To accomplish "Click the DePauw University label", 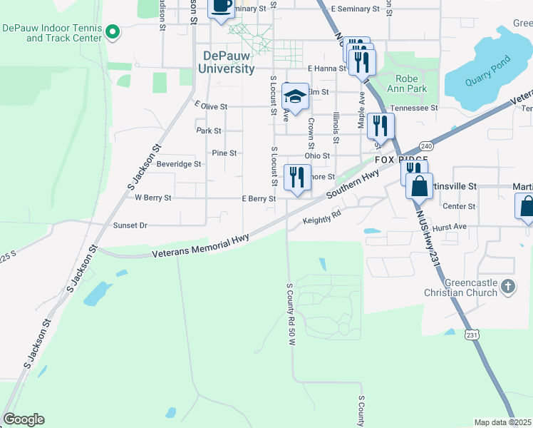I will tap(228, 62).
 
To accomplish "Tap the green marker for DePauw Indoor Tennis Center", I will tap(113, 31).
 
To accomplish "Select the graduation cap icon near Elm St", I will tap(295, 96).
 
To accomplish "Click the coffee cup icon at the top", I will tap(221, 6).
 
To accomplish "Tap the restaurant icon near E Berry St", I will tap(297, 178).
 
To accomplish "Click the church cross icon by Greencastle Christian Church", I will tap(507, 287).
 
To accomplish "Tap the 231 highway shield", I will tap(470, 335).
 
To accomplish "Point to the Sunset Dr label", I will tap(130, 225).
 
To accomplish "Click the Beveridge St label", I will tap(159, 164).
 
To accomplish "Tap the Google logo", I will tap(24, 419).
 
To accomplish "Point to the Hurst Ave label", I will tap(450, 226).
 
